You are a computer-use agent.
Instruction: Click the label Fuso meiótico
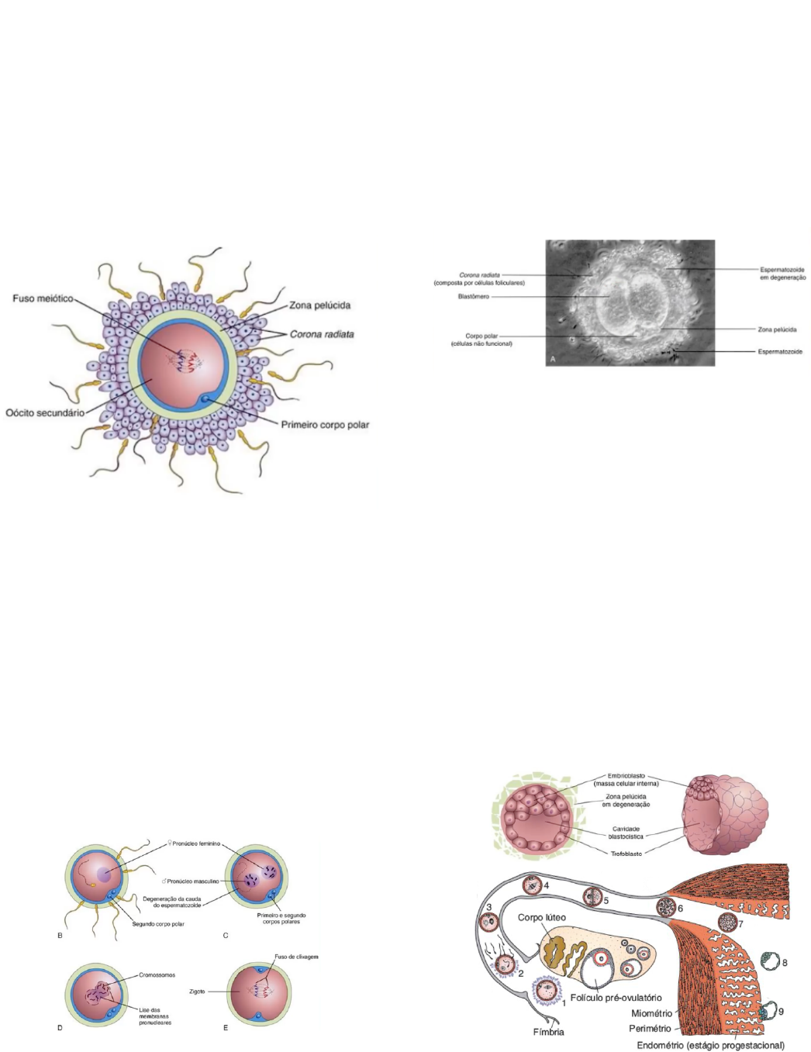pyautogui.click(x=43, y=298)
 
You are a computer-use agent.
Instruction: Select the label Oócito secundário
pyautogui.click(x=45, y=412)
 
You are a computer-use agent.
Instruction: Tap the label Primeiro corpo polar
pyautogui.click(x=325, y=425)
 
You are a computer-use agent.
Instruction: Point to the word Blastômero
pyautogui.click(x=474, y=297)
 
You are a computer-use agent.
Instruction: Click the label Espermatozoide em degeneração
pyautogui.click(x=782, y=274)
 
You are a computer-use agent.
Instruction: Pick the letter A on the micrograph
pyautogui.click(x=552, y=359)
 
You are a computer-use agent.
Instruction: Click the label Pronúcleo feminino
pyautogui.click(x=196, y=843)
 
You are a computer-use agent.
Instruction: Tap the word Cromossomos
pyautogui.click(x=157, y=975)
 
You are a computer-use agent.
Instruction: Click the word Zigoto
pyautogui.click(x=197, y=992)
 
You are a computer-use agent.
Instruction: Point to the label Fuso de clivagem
pyautogui.click(x=296, y=957)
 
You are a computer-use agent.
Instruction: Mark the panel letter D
pyautogui.click(x=60, y=1028)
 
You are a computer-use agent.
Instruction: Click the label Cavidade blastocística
pyautogui.click(x=626, y=833)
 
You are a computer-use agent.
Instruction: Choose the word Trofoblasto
pyautogui.click(x=626, y=854)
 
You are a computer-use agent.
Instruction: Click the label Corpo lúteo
pyautogui.click(x=541, y=918)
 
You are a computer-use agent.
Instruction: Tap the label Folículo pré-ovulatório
pyautogui.click(x=616, y=998)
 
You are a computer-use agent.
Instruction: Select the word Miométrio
pyautogui.click(x=651, y=1013)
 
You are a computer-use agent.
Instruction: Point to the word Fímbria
pyautogui.click(x=548, y=1032)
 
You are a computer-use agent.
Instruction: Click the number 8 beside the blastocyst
pyautogui.click(x=785, y=963)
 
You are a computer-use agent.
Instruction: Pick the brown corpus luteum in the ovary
pyautogui.click(x=562, y=954)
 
